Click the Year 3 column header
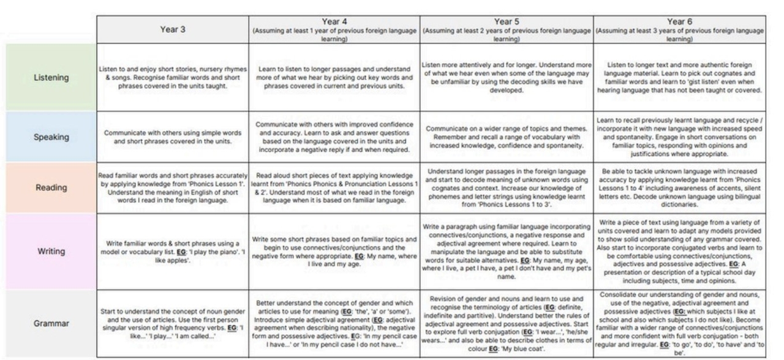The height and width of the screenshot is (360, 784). coord(173,29)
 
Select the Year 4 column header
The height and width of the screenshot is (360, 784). coord(334,29)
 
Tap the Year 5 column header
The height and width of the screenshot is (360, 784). coord(507,29)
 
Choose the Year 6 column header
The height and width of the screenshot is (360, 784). coord(679,29)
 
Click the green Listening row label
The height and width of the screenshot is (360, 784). coord(51,78)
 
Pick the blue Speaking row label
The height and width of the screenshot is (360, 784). coord(51,137)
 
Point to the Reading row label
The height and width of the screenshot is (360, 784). coord(51,187)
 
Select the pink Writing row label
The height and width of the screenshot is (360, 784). coord(51,251)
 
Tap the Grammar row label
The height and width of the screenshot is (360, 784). coord(51,323)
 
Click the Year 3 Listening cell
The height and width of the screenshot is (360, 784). coord(173,77)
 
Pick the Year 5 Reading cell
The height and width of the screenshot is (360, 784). coord(507,187)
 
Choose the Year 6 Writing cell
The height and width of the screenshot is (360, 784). coord(679,251)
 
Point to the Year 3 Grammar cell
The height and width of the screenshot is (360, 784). coord(173,323)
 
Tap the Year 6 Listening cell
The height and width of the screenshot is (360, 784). coord(679,77)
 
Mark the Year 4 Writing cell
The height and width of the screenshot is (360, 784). coord(334,251)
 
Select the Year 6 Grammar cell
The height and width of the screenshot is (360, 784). coord(679,323)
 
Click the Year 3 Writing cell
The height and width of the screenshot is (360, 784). coord(173,251)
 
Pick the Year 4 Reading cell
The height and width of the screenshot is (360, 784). coord(334,187)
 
